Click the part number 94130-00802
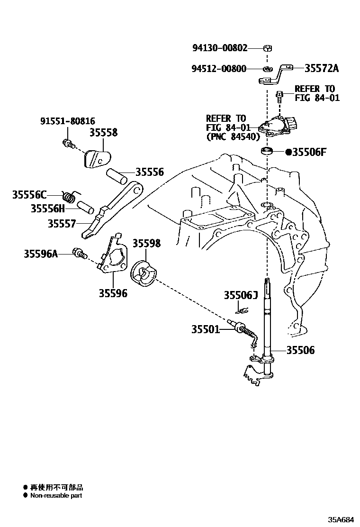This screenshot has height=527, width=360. coord(219,48)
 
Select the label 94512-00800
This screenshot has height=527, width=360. coord(219,69)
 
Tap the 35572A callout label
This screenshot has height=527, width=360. coord(322,68)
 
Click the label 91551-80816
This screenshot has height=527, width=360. coord(67,121)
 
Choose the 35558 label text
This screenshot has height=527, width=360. coord(103,133)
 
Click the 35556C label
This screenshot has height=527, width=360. coord(29,194)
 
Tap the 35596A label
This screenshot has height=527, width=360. coord(41,254)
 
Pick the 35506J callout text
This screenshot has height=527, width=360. coord(240,296)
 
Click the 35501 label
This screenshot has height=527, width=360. coord(206,328)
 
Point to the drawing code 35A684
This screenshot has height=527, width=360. coord(341,519)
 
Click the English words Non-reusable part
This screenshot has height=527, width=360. coord(56,496)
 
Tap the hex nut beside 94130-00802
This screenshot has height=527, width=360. coord(267,48)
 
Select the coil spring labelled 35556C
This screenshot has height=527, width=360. coord(70,195)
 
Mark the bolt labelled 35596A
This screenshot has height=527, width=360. coord(78,253)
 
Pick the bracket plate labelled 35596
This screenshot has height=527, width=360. coord(113,258)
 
